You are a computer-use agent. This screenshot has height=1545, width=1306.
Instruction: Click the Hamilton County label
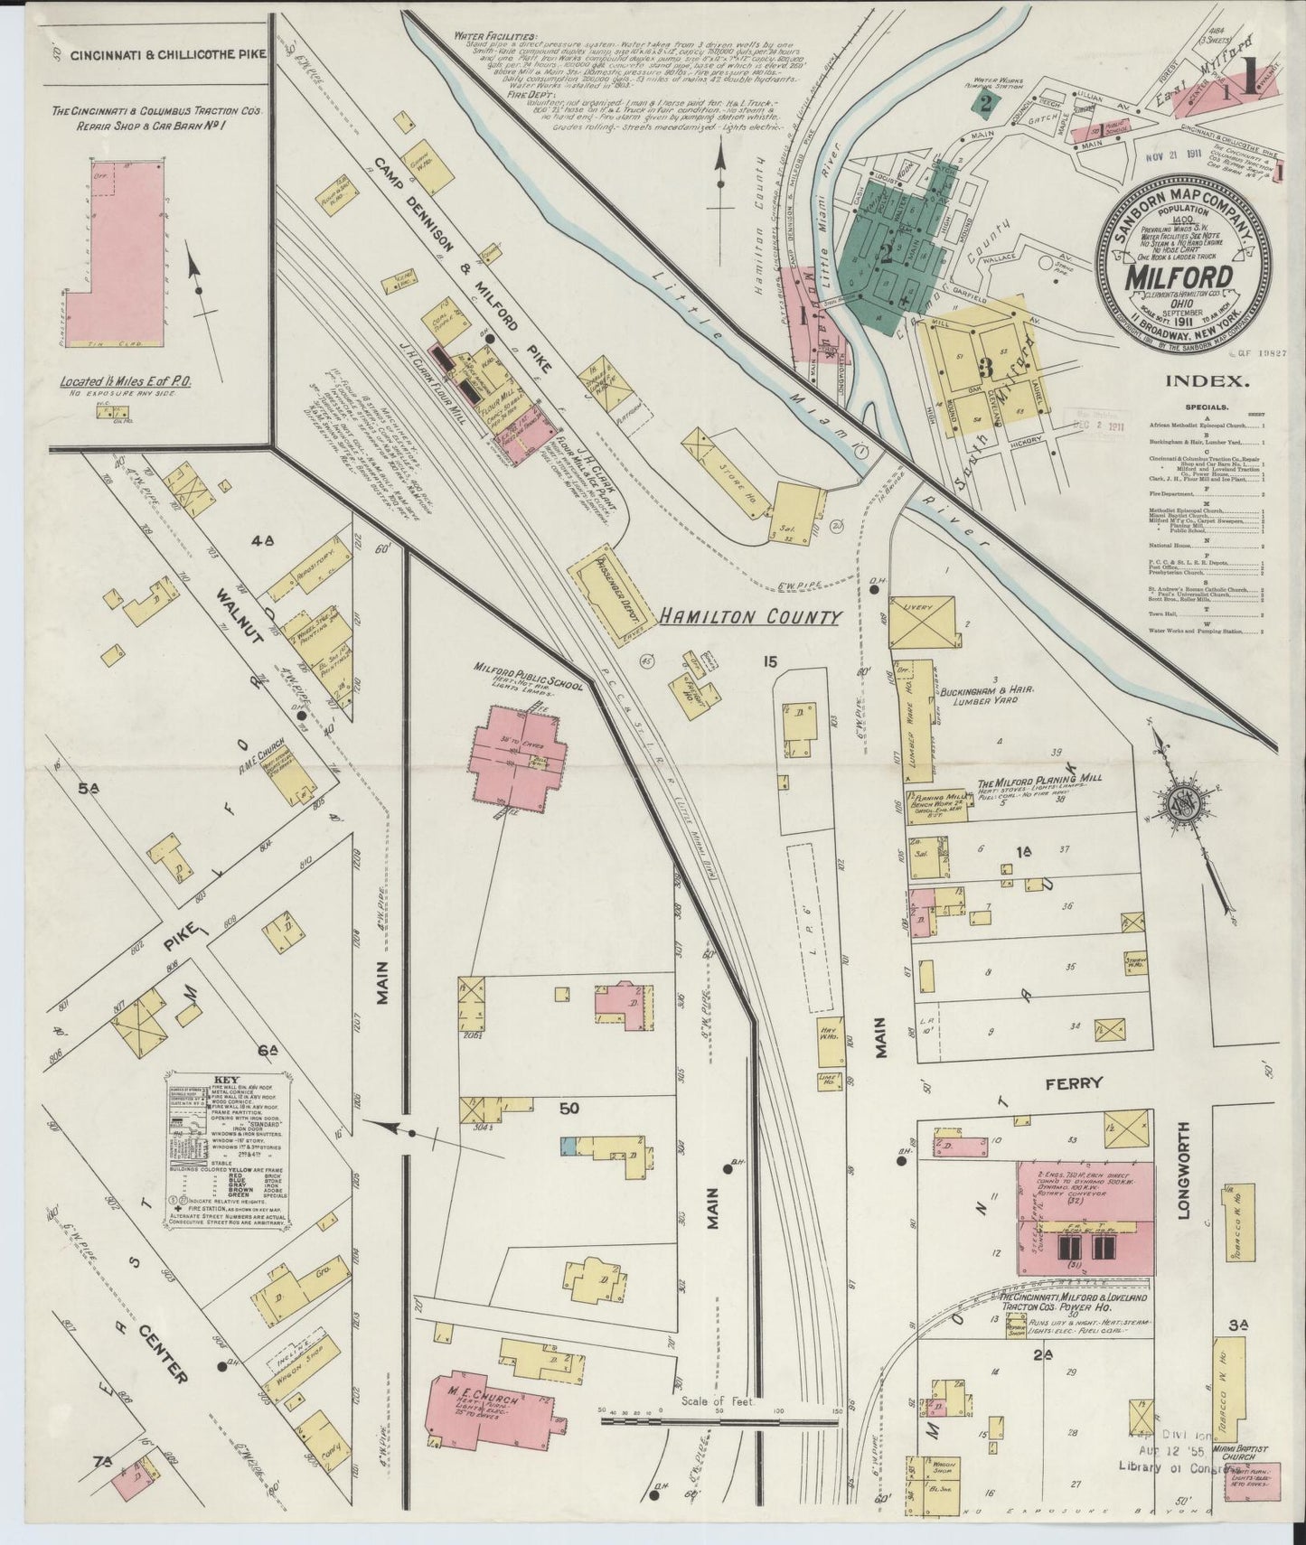click(749, 617)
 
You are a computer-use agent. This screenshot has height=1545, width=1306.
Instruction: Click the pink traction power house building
click(1085, 1221)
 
